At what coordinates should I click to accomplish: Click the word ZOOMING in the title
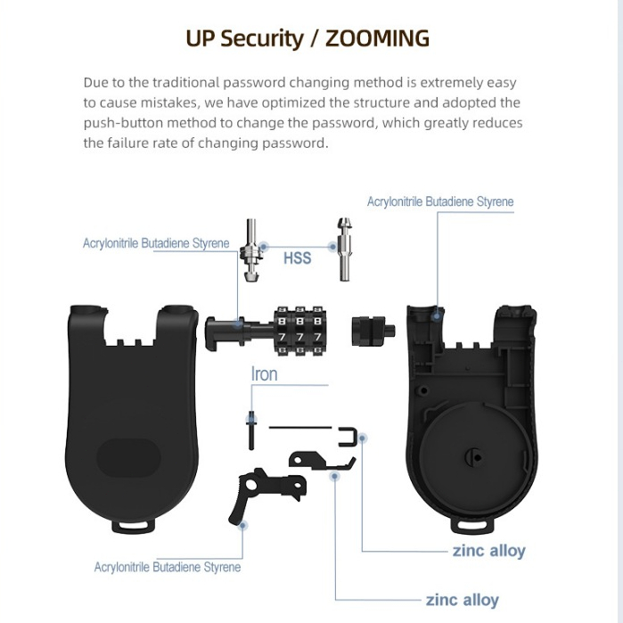coord(377,38)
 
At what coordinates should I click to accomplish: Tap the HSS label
coord(297,258)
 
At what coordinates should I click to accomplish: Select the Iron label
coord(264,374)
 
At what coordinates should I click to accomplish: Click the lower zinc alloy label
coord(462,600)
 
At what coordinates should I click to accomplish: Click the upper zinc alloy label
coord(489,551)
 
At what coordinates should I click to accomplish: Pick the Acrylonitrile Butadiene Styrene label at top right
coord(440,201)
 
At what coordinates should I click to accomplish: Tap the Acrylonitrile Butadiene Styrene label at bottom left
coord(168,567)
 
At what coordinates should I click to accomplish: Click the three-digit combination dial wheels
coord(300,331)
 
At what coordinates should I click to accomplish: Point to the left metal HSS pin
coord(251,250)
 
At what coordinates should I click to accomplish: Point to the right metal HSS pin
coord(344,250)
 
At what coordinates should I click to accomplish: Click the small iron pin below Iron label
coord(251,430)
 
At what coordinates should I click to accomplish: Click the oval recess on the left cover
coord(128,457)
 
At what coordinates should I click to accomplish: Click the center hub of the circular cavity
coord(473,457)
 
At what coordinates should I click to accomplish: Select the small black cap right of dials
coord(373,331)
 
